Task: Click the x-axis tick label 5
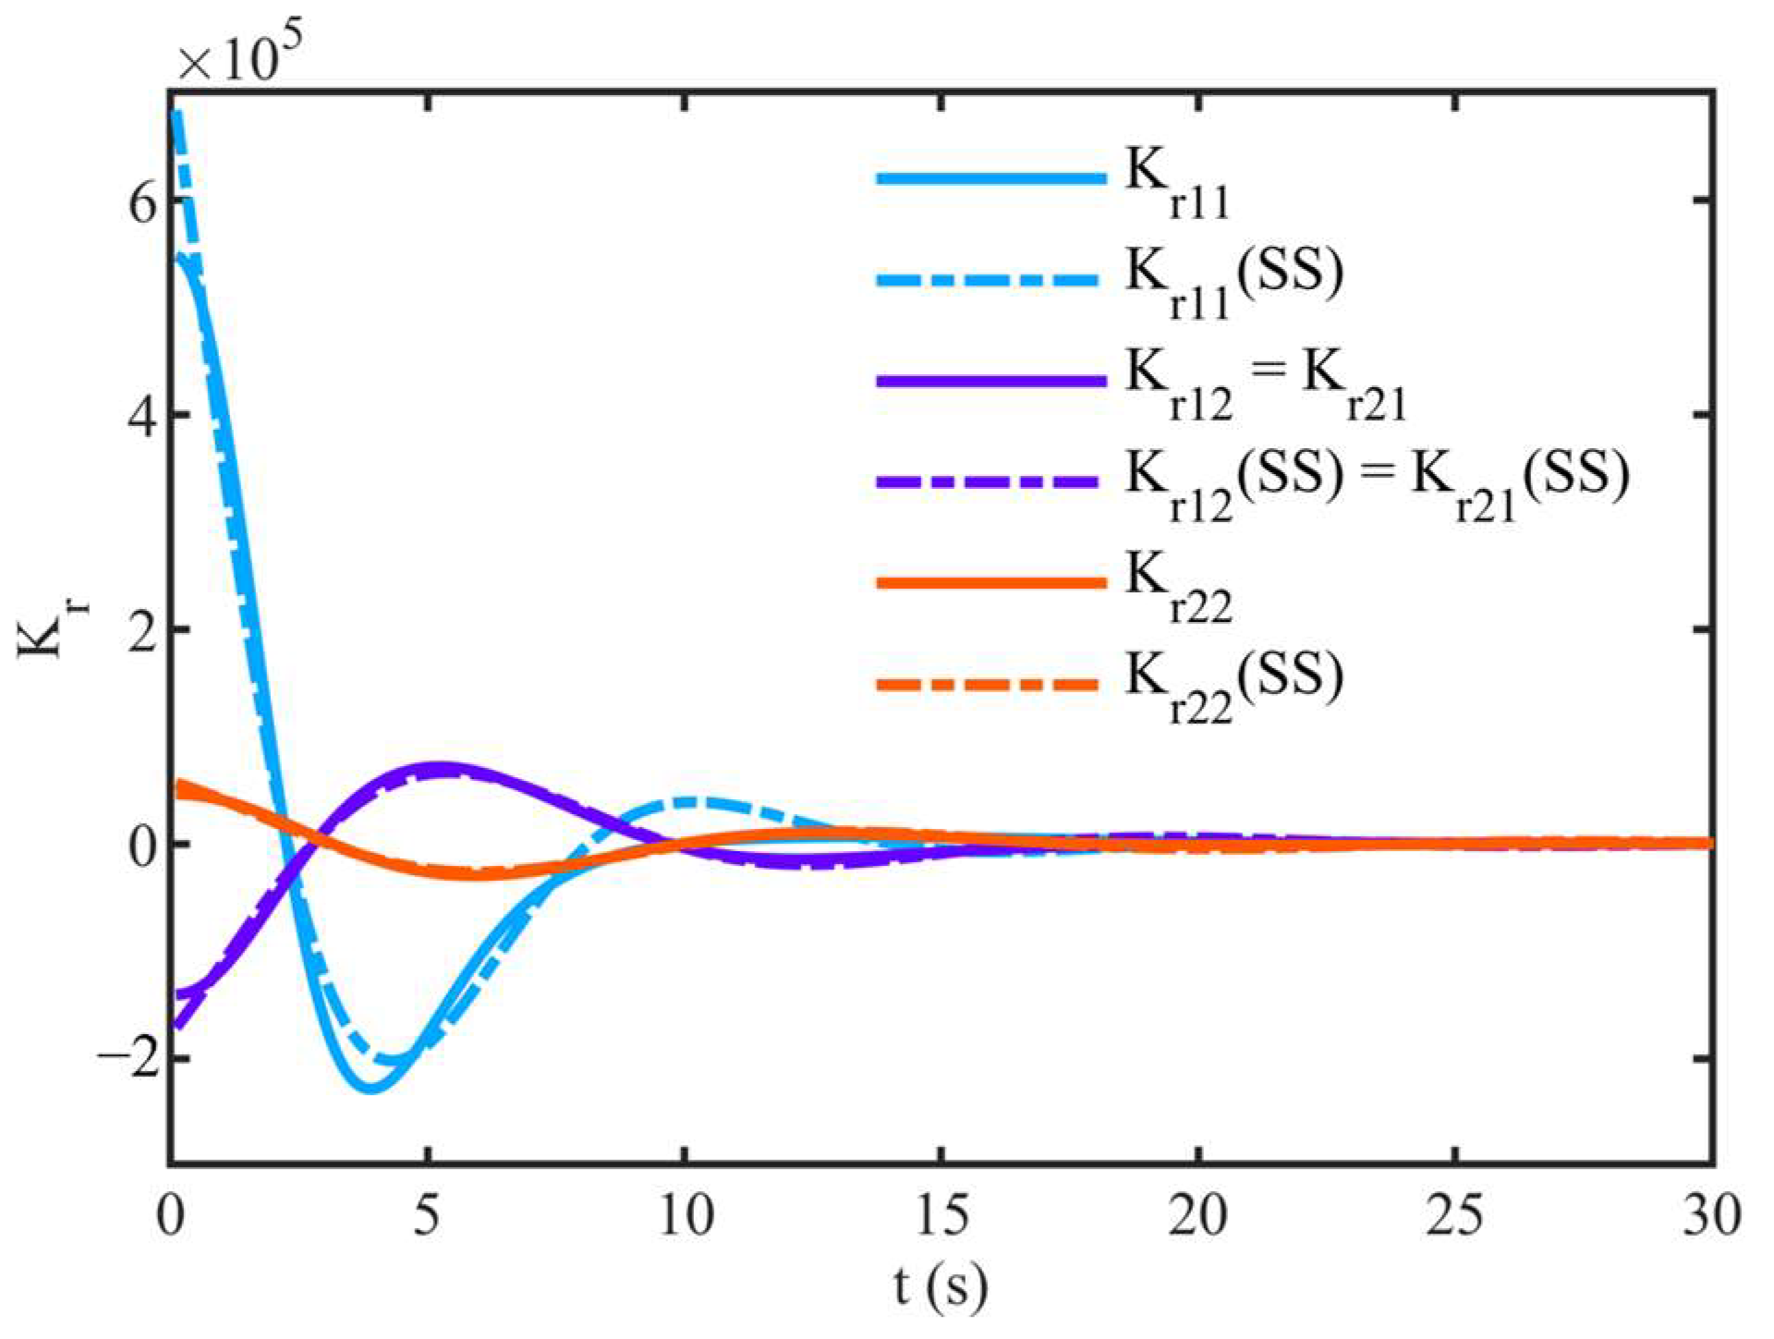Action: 426,1216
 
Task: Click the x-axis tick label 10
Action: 686,1216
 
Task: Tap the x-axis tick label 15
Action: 942,1216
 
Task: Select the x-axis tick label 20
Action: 1198,1216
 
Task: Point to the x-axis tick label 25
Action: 1455,1216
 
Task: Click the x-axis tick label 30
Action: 1711,1216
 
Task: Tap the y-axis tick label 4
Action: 141,415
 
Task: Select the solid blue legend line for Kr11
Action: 990,178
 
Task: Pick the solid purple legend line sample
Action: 990,381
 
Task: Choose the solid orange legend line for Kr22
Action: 990,582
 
